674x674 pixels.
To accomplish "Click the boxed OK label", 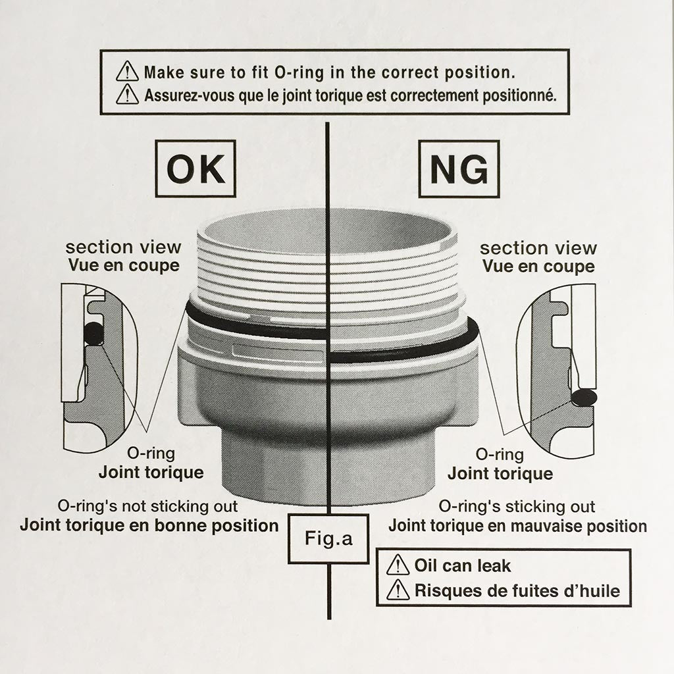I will [x=195, y=168].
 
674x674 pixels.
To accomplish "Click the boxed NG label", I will [x=459, y=168].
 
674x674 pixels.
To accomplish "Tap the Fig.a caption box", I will [x=329, y=539].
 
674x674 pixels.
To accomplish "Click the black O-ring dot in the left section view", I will [x=94, y=334].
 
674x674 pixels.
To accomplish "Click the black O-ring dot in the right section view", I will [x=583, y=397].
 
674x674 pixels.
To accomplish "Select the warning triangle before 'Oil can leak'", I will [x=398, y=565].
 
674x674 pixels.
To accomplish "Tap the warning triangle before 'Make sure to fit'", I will [x=126, y=71].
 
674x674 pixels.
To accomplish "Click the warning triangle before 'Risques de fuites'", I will [x=398, y=590].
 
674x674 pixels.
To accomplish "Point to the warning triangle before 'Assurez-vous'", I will [x=126, y=95].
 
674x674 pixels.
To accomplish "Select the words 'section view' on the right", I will [x=538, y=248].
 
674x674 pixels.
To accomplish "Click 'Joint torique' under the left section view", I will [x=151, y=472].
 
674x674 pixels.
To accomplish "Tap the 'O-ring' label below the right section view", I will [x=500, y=455].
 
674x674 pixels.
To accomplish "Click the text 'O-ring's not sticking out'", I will [x=147, y=507].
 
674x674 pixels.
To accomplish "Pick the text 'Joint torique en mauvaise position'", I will [x=517, y=526].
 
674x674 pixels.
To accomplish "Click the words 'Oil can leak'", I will [x=462, y=565].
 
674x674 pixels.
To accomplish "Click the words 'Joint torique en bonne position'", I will [x=149, y=525].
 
